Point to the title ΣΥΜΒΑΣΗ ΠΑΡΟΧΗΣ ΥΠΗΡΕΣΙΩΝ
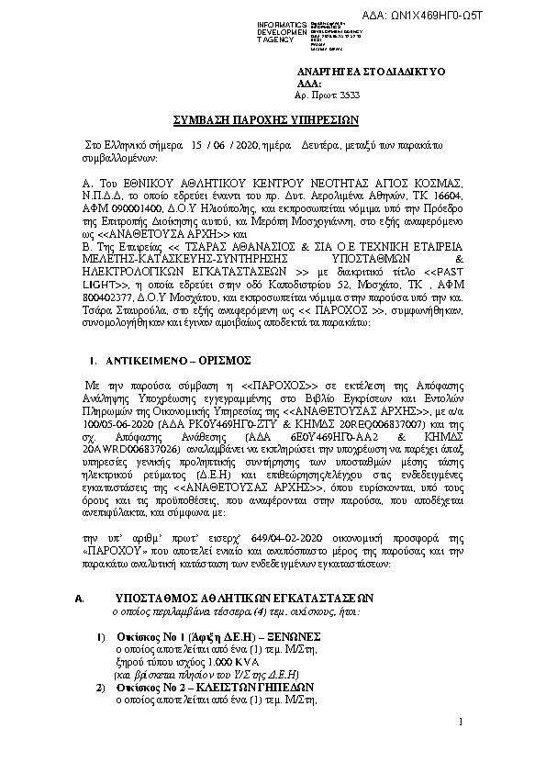click(x=273, y=120)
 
